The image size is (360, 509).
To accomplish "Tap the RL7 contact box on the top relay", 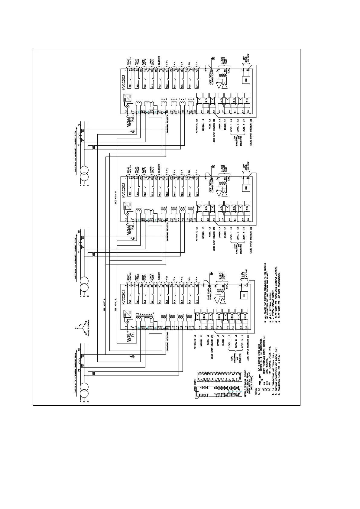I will click(197, 86).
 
